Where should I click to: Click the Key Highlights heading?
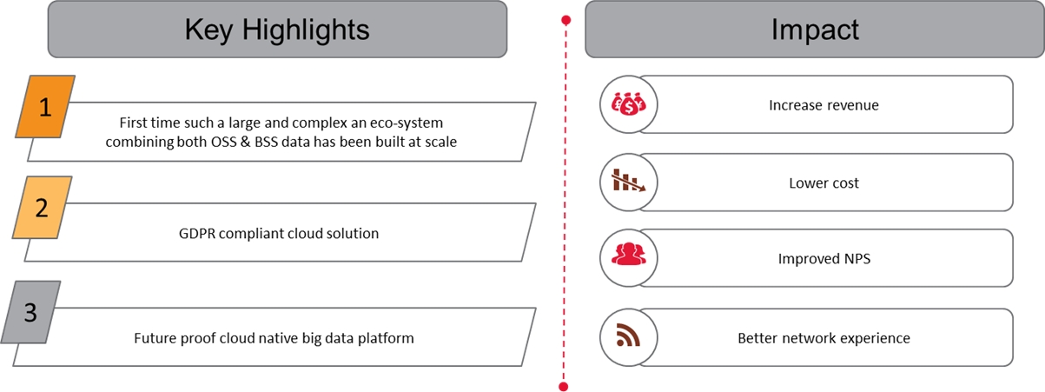click(277, 30)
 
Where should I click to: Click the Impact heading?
click(815, 30)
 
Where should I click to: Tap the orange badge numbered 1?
click(45, 107)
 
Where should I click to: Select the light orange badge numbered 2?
click(42, 208)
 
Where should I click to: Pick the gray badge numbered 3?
click(30, 312)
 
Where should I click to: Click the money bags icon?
click(628, 103)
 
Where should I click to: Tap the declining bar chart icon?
click(628, 181)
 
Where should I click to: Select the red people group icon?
click(628, 255)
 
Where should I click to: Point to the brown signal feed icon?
click(628, 335)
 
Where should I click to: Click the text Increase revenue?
click(823, 105)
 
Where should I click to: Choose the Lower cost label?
click(823, 183)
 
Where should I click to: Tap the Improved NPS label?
click(823, 258)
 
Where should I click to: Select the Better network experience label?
click(823, 338)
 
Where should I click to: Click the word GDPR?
click(197, 233)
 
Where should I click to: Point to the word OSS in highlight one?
click(224, 142)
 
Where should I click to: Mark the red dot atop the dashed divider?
click(565, 20)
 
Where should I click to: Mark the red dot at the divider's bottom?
click(564, 386)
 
